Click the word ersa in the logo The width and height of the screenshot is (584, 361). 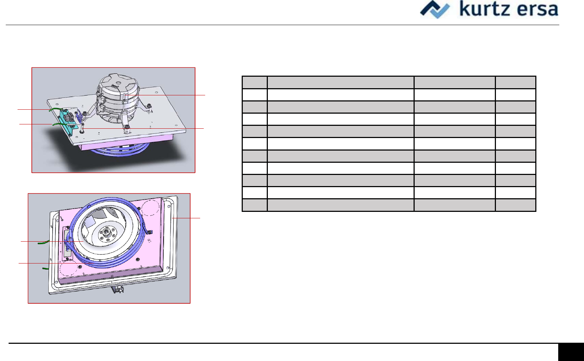(x=537, y=10)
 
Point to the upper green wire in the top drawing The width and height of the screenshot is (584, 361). (x=55, y=109)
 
